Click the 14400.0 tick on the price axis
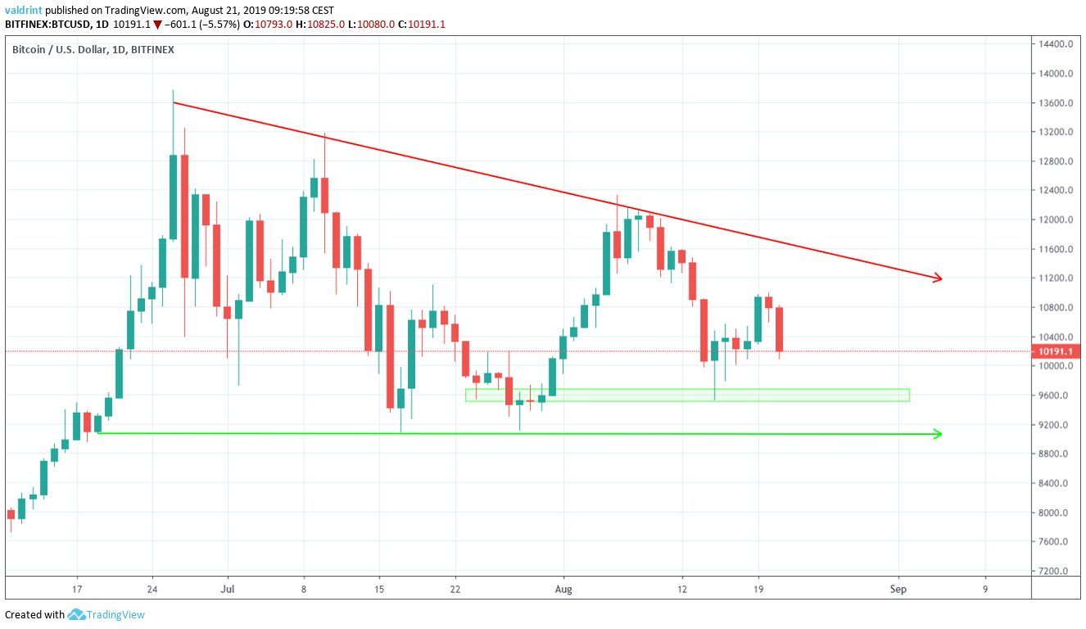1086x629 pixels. coord(1057,44)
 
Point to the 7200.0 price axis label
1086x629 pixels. coord(1057,571)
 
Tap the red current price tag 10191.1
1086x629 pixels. coord(1057,351)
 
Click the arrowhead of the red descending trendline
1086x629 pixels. coord(938,279)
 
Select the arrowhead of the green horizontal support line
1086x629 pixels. coord(938,434)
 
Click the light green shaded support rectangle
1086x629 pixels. coord(688,395)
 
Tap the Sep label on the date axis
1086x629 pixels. coord(898,588)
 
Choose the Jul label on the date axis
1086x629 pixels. coord(228,588)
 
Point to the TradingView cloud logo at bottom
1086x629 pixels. coord(77,614)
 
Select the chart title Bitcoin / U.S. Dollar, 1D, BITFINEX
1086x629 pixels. coord(93,50)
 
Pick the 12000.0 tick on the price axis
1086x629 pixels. coord(1057,219)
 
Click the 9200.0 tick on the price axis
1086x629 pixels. coord(1057,424)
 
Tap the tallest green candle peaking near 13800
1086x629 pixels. coord(174,197)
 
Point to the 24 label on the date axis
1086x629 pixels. coord(152,588)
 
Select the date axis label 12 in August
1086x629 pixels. coord(681,588)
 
